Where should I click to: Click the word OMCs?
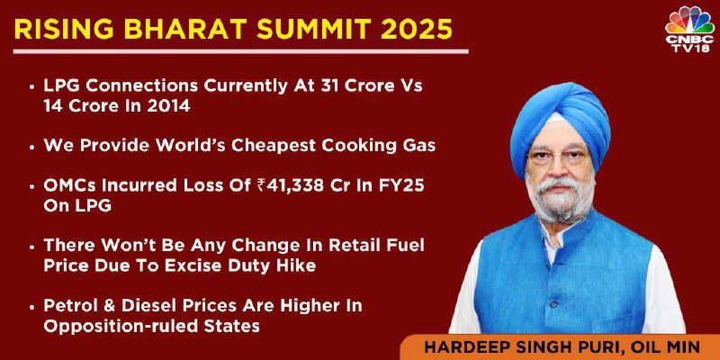click(69, 185)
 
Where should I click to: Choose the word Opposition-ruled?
click(119, 326)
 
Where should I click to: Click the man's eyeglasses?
click(558, 157)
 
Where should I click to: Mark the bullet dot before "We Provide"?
click(31, 147)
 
